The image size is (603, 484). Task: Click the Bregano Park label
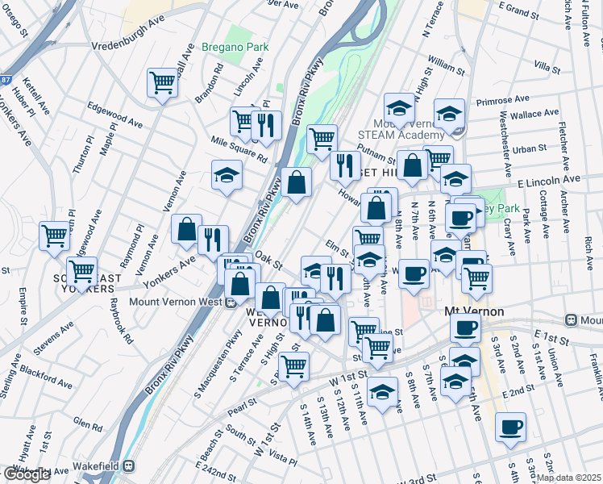[235, 47]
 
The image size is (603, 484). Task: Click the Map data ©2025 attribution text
[569, 478]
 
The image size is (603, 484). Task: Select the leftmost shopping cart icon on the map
[54, 236]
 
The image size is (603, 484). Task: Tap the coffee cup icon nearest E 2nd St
[510, 427]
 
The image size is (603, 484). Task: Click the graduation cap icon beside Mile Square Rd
[227, 174]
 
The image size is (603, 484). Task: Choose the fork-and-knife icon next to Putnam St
[345, 165]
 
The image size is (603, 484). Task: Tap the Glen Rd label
[82, 421]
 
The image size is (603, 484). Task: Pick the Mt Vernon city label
[474, 311]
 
